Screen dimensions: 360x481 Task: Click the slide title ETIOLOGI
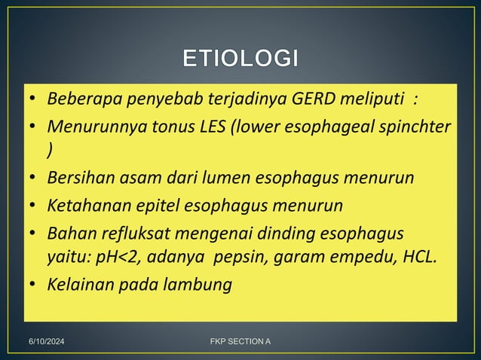point(240,58)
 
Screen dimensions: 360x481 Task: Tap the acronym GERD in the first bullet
point(323,99)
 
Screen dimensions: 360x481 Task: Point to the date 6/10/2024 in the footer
point(47,343)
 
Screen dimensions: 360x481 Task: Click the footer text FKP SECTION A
point(240,343)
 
